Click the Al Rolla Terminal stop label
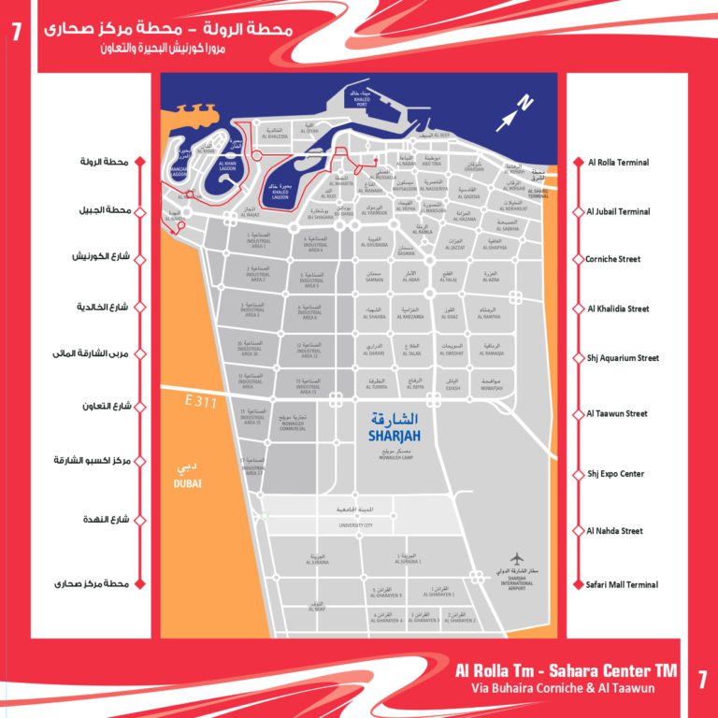click(618, 163)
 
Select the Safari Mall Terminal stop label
click(623, 584)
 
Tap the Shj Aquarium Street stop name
click(623, 358)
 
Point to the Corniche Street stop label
click(614, 259)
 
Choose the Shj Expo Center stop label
click(615, 474)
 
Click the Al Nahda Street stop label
click(615, 531)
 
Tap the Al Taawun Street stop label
click(617, 413)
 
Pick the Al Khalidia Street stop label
click(618, 309)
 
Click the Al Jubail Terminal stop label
click(619, 212)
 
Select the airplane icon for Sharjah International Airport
click(519, 559)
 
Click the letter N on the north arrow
click(524, 104)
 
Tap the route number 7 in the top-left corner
click(16, 30)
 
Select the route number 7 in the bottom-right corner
click(702, 680)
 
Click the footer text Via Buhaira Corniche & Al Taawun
click(562, 689)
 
